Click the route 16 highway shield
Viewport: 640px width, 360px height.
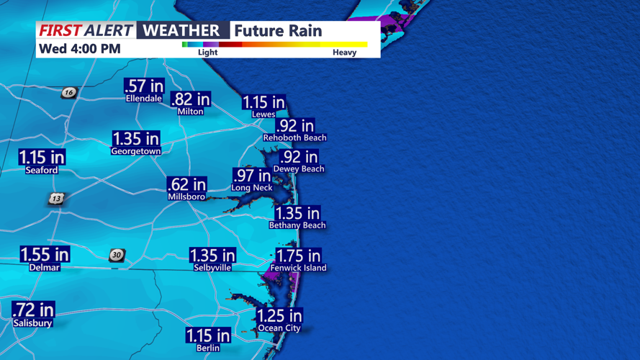(x=68, y=92)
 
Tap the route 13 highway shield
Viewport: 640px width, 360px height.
(x=56, y=199)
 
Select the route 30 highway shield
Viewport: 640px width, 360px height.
(x=117, y=255)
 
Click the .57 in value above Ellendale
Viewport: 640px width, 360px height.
(x=144, y=86)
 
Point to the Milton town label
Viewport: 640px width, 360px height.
(x=190, y=112)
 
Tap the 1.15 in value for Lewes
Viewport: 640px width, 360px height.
(x=263, y=103)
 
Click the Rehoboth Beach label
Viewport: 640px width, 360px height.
(x=294, y=138)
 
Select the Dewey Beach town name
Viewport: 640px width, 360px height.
(x=299, y=168)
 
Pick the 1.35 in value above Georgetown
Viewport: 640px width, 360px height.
(x=136, y=138)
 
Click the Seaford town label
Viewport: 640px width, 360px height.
(x=41, y=171)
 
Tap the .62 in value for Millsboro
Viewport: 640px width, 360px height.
(x=186, y=185)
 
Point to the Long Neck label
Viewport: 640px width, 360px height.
(x=252, y=187)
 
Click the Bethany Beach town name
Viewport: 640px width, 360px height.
(x=297, y=225)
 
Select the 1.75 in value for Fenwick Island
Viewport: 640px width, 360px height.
(x=299, y=256)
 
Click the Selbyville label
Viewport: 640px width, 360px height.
(x=212, y=267)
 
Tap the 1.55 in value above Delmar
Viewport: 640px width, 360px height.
(x=45, y=254)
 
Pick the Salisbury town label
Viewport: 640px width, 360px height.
(x=32, y=323)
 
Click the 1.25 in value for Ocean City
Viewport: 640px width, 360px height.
(x=279, y=316)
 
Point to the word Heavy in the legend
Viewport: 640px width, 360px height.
(x=344, y=53)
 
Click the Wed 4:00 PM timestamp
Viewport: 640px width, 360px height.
(x=80, y=49)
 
